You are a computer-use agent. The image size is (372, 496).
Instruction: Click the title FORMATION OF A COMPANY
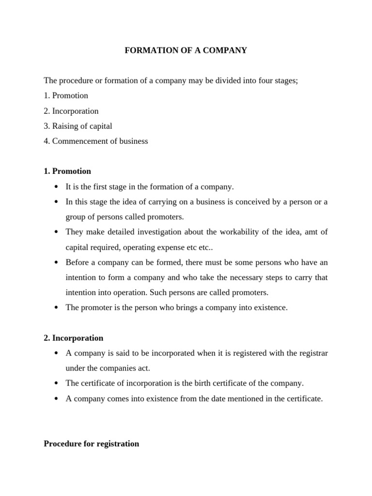click(186, 50)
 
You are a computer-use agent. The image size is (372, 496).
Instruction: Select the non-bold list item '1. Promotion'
click(66, 95)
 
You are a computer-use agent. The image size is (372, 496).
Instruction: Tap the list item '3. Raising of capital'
click(78, 126)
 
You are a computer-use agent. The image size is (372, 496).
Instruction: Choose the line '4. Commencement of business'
click(96, 141)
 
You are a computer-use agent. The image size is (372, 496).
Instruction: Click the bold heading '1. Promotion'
click(67, 171)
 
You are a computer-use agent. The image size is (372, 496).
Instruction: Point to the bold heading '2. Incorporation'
click(74, 338)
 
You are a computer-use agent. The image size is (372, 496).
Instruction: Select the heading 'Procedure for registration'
click(92, 443)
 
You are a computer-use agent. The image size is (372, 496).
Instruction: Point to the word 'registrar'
click(311, 353)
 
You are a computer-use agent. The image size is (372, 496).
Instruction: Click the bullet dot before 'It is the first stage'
click(56, 187)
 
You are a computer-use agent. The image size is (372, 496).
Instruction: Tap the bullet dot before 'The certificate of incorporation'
click(56, 384)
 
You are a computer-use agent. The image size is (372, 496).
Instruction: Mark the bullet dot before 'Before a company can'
click(56, 263)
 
